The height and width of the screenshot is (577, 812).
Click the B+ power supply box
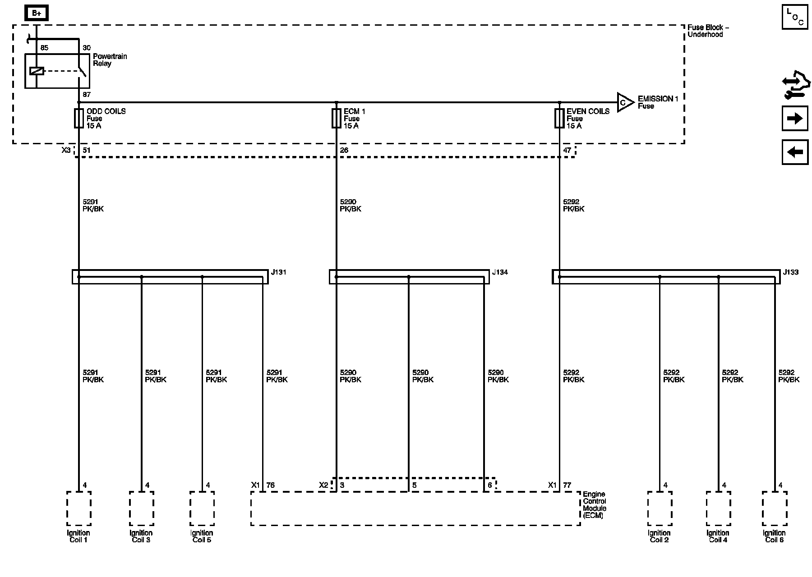pyautogui.click(x=37, y=14)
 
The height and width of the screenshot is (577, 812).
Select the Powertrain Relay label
pyautogui.click(x=110, y=60)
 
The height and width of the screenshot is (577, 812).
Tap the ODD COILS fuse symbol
pyautogui.click(x=78, y=119)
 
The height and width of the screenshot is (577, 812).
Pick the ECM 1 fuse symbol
pyautogui.click(x=336, y=119)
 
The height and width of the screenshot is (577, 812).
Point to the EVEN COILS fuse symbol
pyautogui.click(x=559, y=119)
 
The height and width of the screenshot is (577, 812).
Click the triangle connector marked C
pyautogui.click(x=624, y=102)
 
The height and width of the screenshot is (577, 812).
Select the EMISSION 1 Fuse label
pyautogui.click(x=658, y=102)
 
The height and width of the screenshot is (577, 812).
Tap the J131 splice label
pyautogui.click(x=279, y=272)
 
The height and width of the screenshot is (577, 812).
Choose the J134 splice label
pyautogui.click(x=500, y=272)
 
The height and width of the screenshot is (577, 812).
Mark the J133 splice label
pyautogui.click(x=790, y=272)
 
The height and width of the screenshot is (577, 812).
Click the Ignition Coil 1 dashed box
pyautogui.click(x=78, y=508)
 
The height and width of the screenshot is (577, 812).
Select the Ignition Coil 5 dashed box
pyautogui.click(x=202, y=508)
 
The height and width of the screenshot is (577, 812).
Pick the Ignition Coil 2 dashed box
pyautogui.click(x=660, y=508)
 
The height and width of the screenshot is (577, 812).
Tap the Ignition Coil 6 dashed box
pyautogui.click(x=775, y=508)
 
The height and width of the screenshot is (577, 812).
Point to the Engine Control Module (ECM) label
pyautogui.click(x=594, y=505)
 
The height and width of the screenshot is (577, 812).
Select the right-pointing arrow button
pyautogui.click(x=795, y=119)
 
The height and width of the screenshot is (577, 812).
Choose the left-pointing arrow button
pyautogui.click(x=795, y=152)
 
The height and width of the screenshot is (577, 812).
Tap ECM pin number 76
pyautogui.click(x=270, y=485)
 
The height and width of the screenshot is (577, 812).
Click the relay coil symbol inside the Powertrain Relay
pyautogui.click(x=37, y=71)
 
